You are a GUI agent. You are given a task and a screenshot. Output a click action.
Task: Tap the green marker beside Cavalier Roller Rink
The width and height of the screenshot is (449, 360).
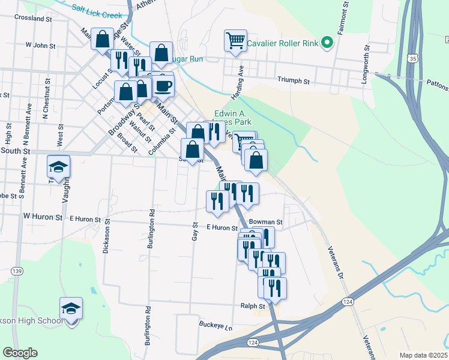[327, 43]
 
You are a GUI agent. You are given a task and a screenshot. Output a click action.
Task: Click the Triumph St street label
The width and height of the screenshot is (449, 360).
[293, 80]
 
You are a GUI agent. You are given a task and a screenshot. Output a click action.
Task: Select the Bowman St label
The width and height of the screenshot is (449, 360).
[265, 222]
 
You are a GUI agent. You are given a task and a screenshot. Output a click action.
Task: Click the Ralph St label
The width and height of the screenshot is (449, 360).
[253, 306]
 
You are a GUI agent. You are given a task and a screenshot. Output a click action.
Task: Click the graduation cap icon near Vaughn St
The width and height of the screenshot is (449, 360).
[59, 167]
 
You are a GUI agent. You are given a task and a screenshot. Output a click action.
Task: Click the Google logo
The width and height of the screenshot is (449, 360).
[20, 353]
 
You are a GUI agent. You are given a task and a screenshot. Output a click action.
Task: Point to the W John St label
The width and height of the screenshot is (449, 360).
[40, 45]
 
